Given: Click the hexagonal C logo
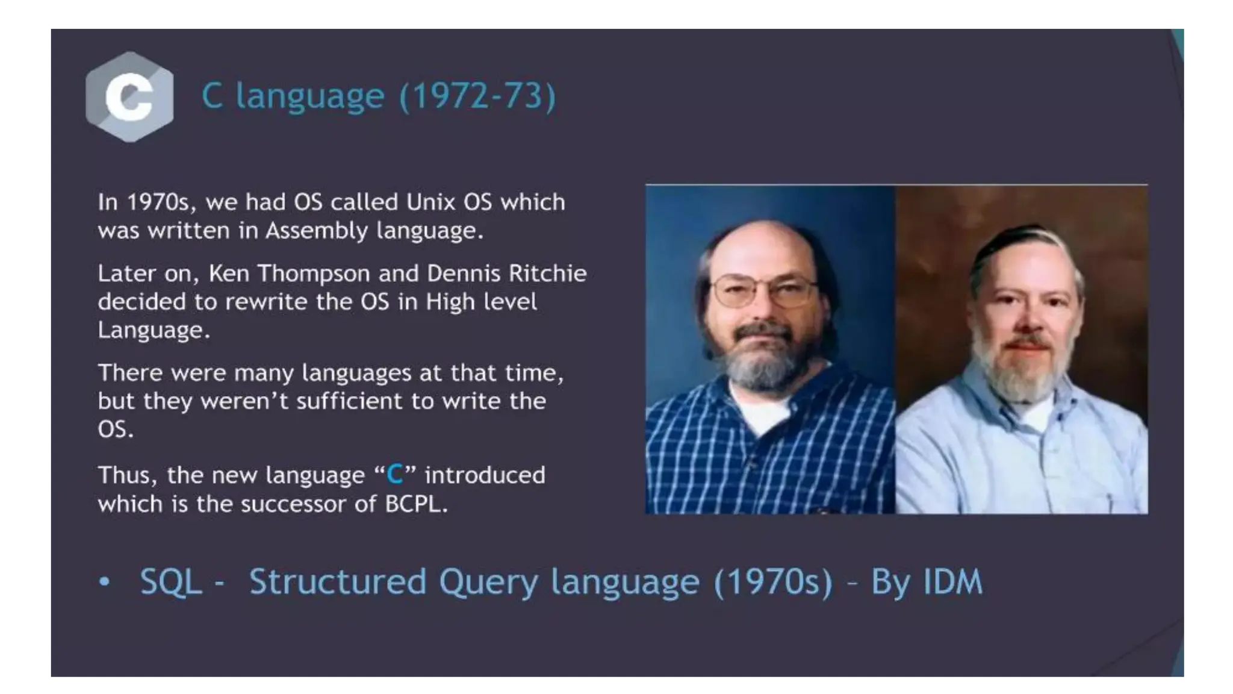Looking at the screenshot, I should pos(129,96).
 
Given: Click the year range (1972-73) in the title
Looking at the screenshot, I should pos(477,96).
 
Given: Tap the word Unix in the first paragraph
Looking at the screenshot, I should pos(430,202).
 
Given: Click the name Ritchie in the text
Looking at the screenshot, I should pos(548,274).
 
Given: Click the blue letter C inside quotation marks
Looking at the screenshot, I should pos(395,475).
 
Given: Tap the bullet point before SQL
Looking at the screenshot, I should pos(105,582).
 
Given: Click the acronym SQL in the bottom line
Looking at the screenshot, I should pos(171,582).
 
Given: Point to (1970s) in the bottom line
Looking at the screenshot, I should pos(774,582).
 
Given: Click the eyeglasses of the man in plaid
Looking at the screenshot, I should pos(765,291).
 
